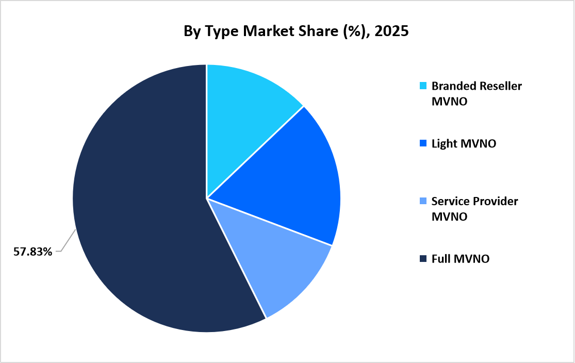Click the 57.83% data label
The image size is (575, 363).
33,252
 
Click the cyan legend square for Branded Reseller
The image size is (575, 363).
423,86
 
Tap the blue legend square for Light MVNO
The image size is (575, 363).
423,144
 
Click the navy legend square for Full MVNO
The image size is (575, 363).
423,259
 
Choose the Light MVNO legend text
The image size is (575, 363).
464,144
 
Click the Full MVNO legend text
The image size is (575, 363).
461,259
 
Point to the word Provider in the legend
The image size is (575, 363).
497,201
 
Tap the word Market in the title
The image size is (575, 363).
267,31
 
